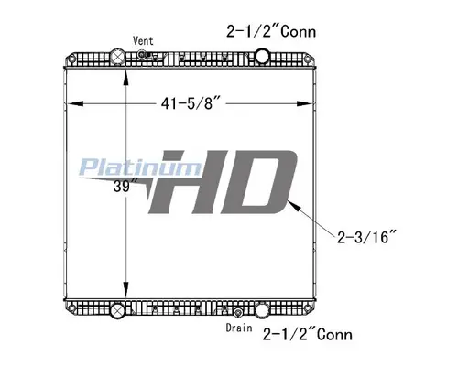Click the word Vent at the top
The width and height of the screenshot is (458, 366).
point(143,41)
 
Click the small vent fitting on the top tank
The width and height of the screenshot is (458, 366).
point(144,55)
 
